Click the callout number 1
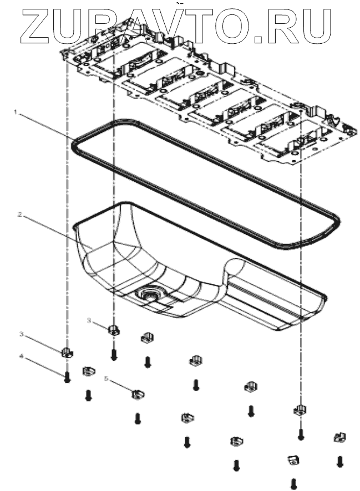17,112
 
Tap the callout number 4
22,357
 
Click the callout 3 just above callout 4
22,334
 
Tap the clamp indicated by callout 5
138,394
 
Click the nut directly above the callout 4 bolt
67,351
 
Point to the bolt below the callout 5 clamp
138,419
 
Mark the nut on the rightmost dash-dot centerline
300,410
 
